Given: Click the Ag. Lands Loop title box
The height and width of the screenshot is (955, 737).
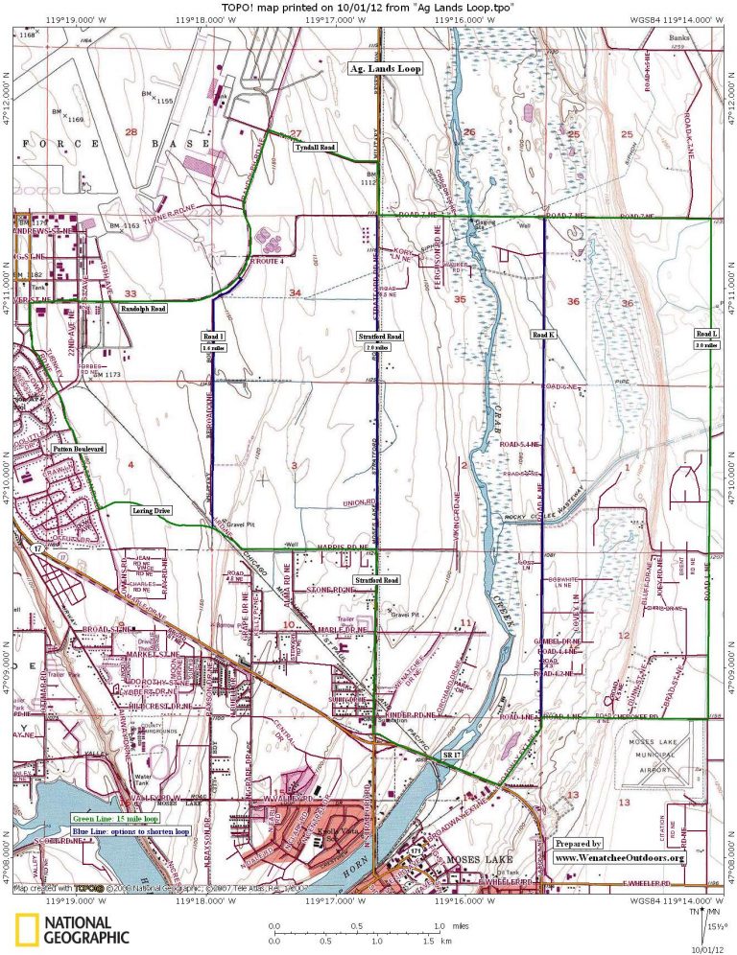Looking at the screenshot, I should pos(384,69).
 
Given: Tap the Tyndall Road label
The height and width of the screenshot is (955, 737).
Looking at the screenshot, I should pos(314,148).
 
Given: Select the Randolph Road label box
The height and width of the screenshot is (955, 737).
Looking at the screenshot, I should pos(144,310).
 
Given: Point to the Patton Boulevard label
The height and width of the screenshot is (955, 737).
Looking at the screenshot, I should pos(78,448).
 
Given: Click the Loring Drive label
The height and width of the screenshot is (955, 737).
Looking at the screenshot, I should pos(152,512).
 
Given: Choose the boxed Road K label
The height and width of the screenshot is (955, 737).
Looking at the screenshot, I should pos(543,335).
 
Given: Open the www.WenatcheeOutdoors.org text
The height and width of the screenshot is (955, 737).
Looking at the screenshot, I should pos(620,857).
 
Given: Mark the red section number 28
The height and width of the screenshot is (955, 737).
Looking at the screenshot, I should pos(131,132).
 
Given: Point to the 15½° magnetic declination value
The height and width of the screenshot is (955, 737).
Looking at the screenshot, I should pos(717,926).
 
